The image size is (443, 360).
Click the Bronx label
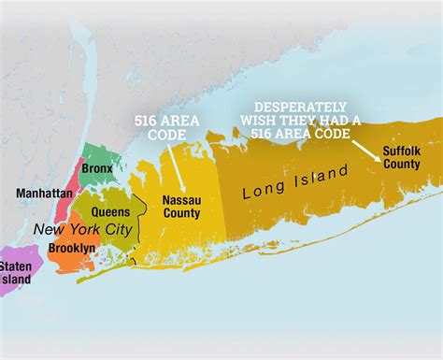pyautogui.click(x=97, y=168)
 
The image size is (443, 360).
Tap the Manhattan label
pyautogui.click(x=44, y=193)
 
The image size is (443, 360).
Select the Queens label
pyautogui.click(x=110, y=212)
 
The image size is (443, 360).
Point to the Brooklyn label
pyautogui.click(x=71, y=249)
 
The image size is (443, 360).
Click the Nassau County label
pyautogui.click(x=181, y=207)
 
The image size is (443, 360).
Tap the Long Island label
pyautogui.click(x=295, y=180)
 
